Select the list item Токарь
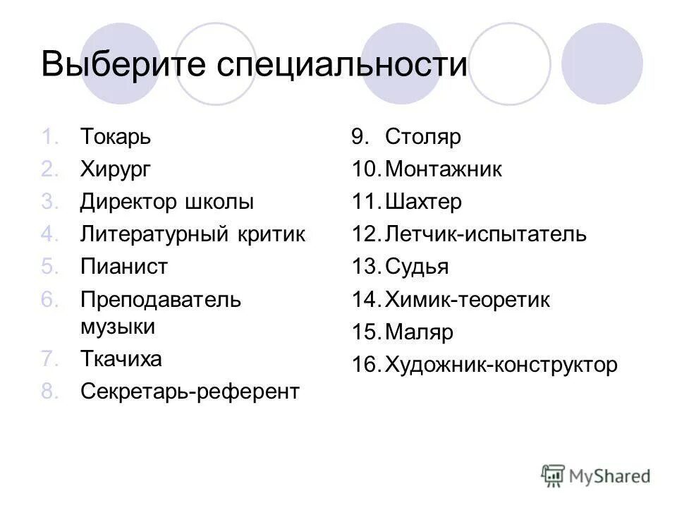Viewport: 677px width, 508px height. click(115, 137)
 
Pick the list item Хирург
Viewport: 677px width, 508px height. click(116, 170)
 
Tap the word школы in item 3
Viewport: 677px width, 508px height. click(219, 202)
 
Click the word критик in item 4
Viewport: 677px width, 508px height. click(272, 234)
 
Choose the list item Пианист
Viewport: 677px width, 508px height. click(124, 267)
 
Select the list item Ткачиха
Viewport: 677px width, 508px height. click(121, 359)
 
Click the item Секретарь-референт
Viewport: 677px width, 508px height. click(190, 392)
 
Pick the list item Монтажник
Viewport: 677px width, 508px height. click(444, 170)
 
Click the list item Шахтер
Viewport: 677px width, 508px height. click(424, 202)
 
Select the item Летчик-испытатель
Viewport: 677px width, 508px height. click(486, 234)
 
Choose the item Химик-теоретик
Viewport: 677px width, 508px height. click(468, 300)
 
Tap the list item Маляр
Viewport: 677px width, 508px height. click(419, 332)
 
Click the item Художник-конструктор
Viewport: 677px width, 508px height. click(501, 365)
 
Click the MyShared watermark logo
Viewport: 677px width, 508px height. click(596, 476)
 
